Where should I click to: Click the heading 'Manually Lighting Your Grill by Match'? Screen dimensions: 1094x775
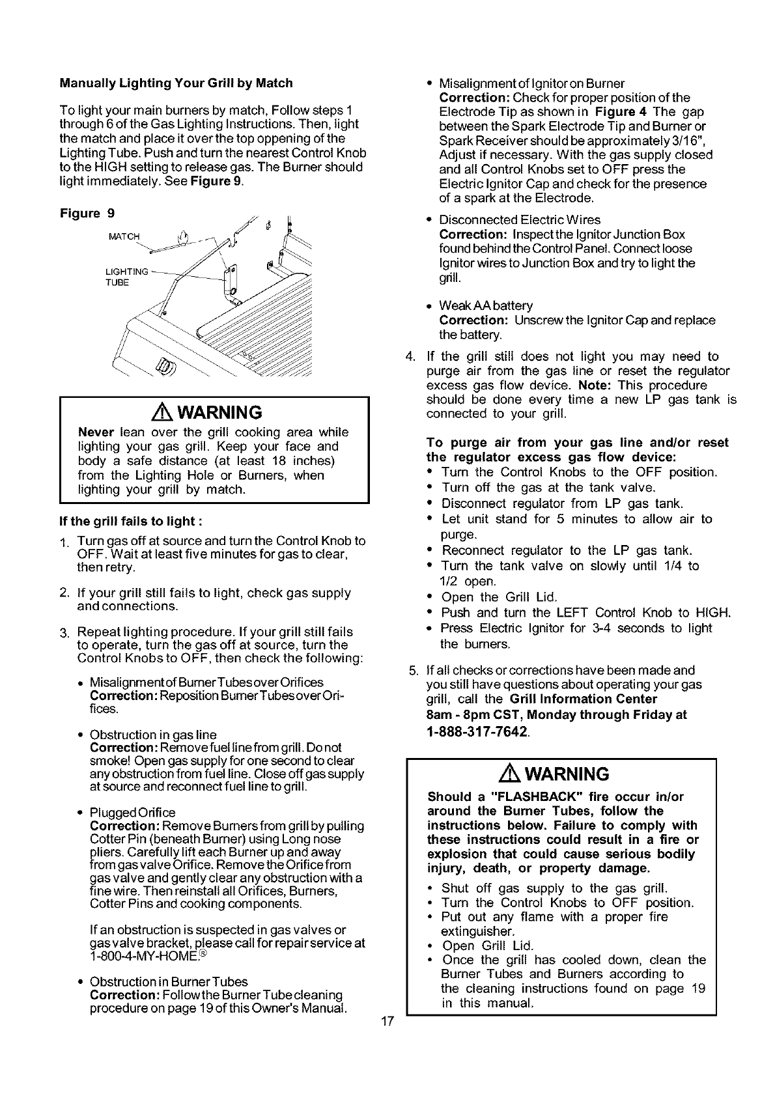176,83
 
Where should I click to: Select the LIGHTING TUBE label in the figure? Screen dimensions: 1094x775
128,277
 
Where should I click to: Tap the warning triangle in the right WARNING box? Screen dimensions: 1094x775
508,774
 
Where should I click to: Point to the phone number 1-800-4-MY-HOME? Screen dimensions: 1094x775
147,957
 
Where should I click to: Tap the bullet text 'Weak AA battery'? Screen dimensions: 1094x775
486,306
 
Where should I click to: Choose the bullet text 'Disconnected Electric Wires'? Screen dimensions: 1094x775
520,220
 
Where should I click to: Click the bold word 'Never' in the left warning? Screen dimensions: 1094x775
96,432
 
